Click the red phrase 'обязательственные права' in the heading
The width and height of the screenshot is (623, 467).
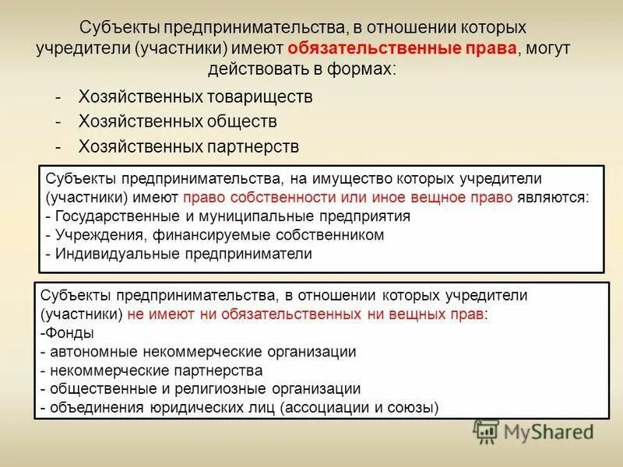click(x=401, y=48)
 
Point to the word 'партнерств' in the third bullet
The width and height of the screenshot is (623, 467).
click(x=253, y=146)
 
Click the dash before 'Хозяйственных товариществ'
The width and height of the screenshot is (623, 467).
click(x=59, y=97)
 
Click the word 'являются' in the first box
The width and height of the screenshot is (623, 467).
click(x=553, y=198)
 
